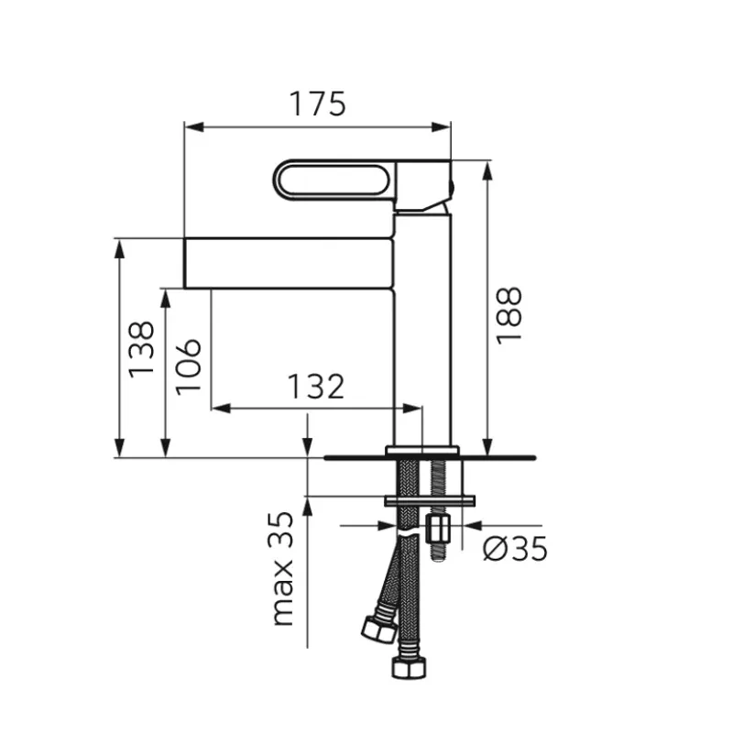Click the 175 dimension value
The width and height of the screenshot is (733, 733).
tap(318, 104)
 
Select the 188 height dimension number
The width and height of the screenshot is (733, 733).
tap(509, 316)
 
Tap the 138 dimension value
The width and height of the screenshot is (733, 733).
tap(141, 350)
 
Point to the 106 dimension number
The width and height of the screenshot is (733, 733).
tap(189, 367)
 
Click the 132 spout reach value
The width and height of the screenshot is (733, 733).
tap(316, 387)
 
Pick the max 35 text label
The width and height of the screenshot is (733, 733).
tap(281, 569)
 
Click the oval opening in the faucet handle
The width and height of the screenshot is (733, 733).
tap(334, 180)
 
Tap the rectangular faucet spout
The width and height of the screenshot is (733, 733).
tap(289, 263)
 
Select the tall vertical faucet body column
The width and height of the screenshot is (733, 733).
tap(422, 328)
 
